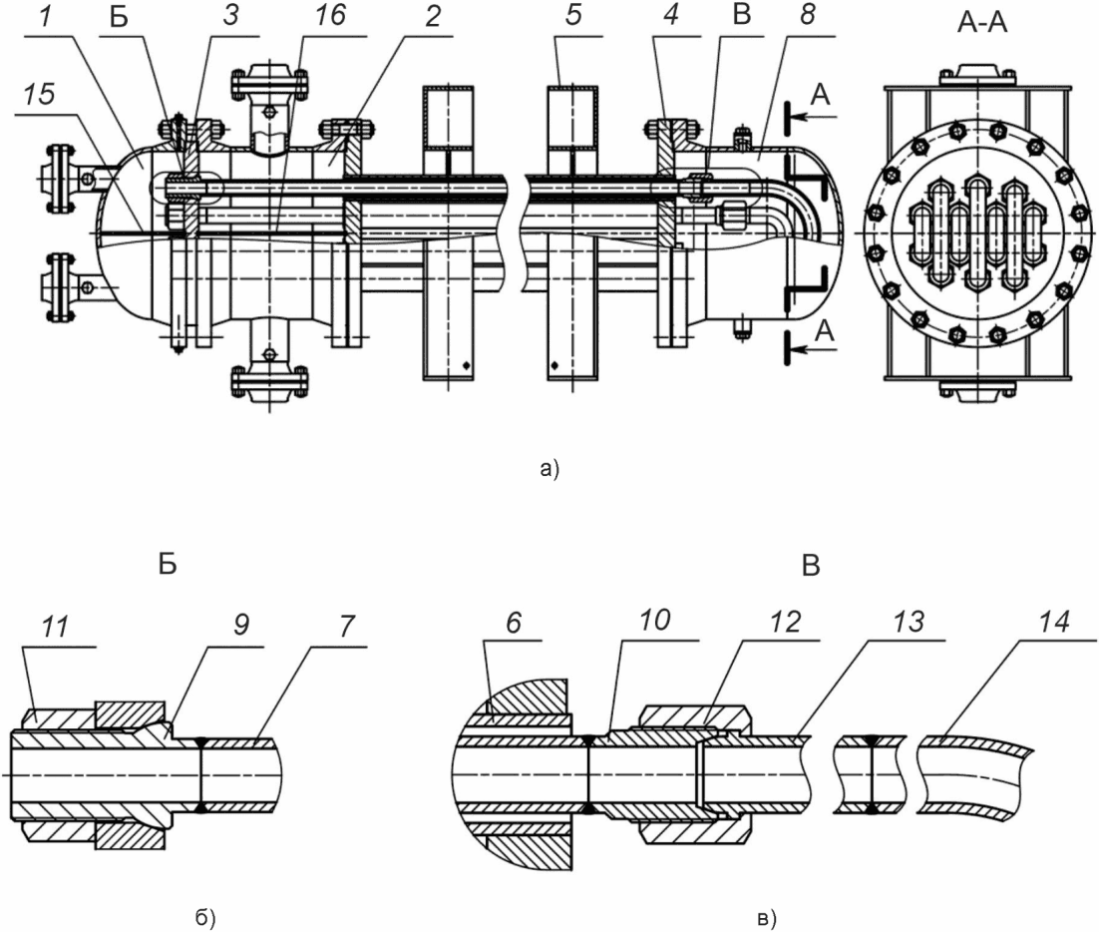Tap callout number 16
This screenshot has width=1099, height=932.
pos(330,15)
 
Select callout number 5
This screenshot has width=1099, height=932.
pos(573,15)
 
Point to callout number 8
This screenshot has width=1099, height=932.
pos(807,15)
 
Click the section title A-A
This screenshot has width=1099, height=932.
pos(981,22)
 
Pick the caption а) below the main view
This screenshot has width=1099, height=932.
pos(550,468)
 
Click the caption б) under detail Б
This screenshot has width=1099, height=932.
pos(204,918)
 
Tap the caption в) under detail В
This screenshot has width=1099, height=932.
pos(767,918)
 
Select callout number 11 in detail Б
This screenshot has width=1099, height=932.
pos(55,627)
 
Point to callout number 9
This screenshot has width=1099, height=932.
pos(240,624)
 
